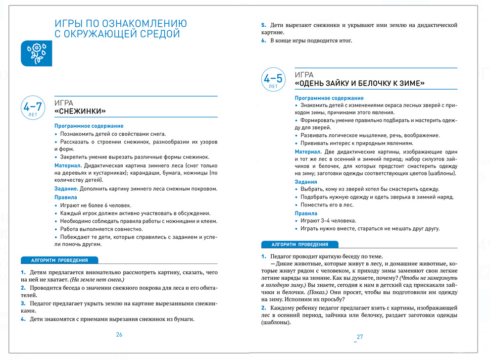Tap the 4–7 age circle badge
pos(32,108)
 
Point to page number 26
pos(119,335)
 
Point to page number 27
pos(360,337)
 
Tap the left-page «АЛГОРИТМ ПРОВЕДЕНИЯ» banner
pos(59,260)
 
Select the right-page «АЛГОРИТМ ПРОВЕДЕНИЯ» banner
pos(299,244)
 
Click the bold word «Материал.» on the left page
pos(68,165)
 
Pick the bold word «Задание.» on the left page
pos(66,189)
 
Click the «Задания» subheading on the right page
pos(306,182)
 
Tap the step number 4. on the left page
pos(23,319)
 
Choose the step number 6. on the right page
pos(264,41)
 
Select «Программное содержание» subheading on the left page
pos(89,126)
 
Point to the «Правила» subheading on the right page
pos(306,213)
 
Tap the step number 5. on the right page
pos(264,25)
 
